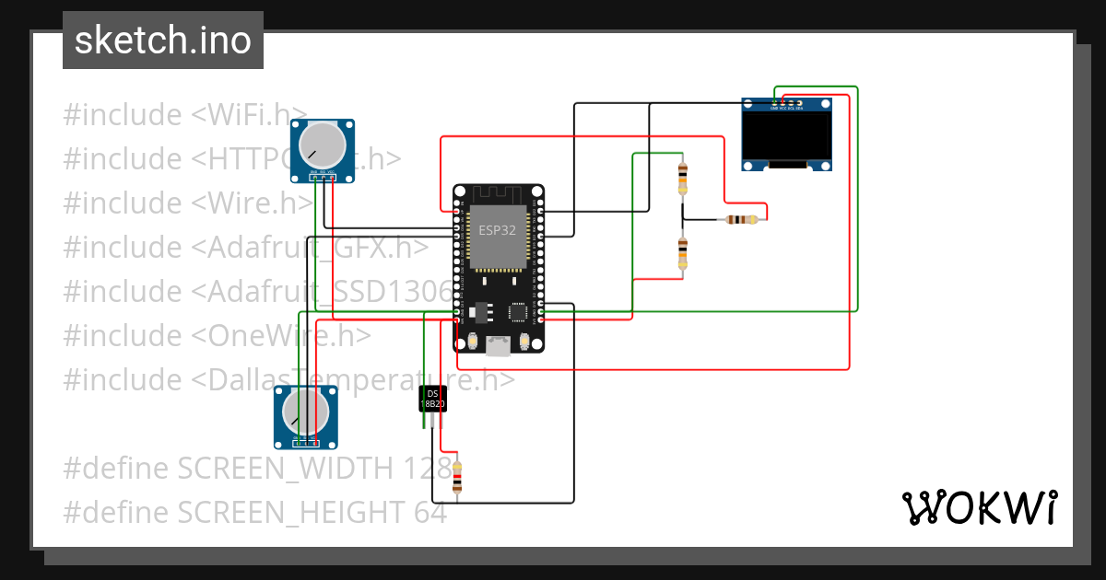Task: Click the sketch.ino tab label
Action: point(163,41)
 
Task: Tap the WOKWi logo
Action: point(978,507)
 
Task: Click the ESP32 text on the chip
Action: point(498,230)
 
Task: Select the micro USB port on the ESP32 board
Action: point(498,345)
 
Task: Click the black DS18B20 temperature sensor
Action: point(432,399)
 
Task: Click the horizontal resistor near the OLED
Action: point(742,219)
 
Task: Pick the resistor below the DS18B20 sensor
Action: point(457,476)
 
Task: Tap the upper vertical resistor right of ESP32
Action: point(682,178)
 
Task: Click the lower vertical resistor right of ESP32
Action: point(682,252)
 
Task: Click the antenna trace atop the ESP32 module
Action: point(498,195)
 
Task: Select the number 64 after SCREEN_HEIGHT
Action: point(430,512)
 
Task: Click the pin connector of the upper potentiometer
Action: point(323,177)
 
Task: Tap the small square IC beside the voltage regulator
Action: point(518,312)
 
